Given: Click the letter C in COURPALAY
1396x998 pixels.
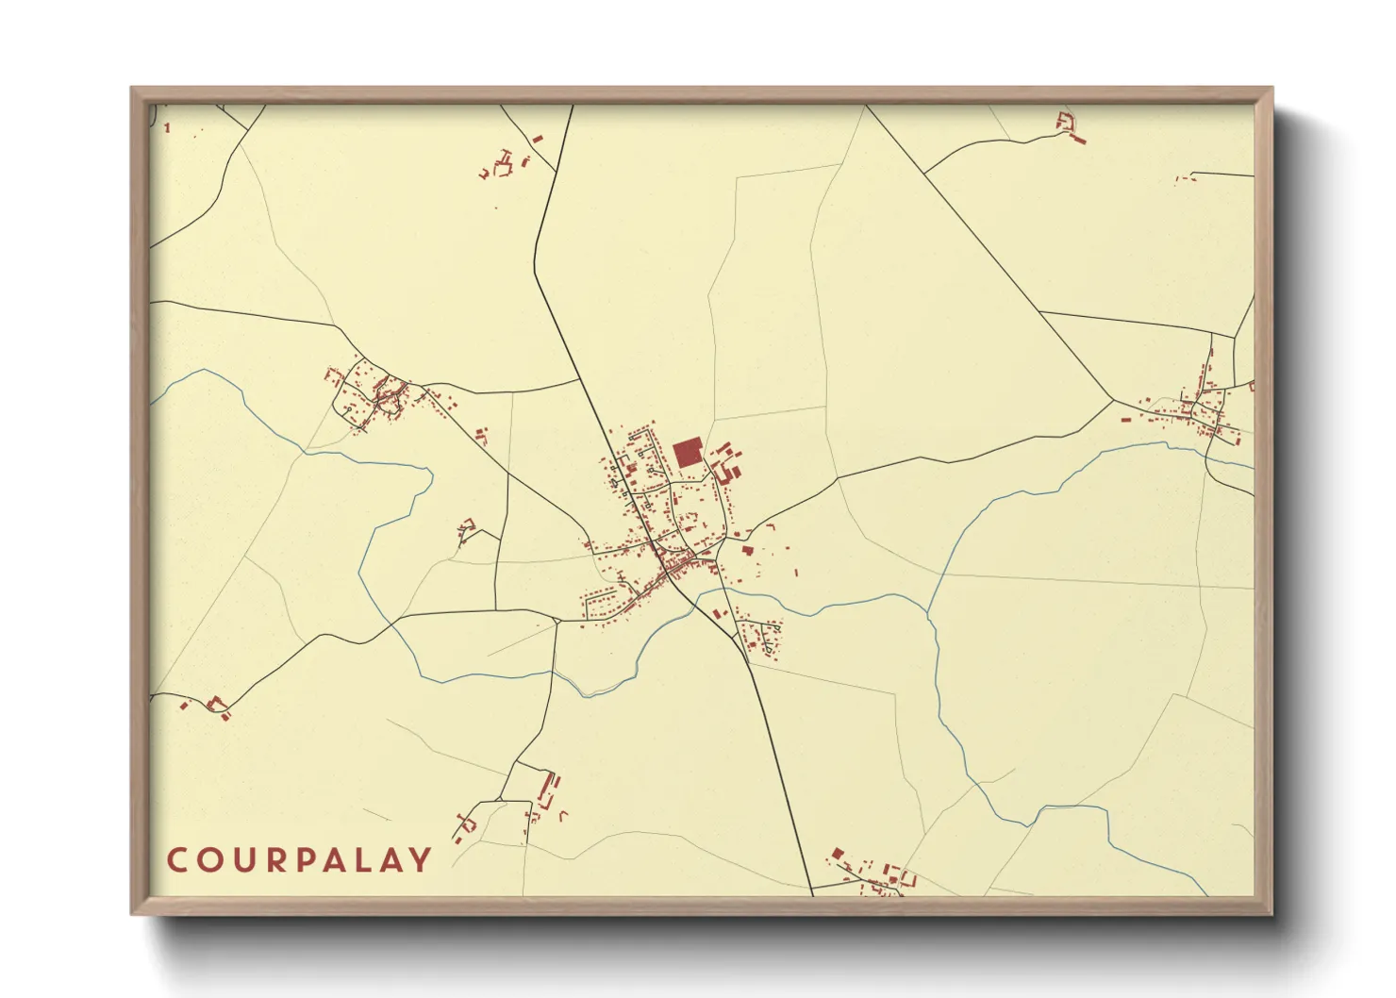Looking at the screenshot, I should [177, 860].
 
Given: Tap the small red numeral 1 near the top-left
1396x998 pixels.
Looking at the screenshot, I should [167, 128].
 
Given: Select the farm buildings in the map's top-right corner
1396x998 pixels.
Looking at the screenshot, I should [1070, 126].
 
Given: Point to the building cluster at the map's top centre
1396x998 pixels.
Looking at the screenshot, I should [506, 164].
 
